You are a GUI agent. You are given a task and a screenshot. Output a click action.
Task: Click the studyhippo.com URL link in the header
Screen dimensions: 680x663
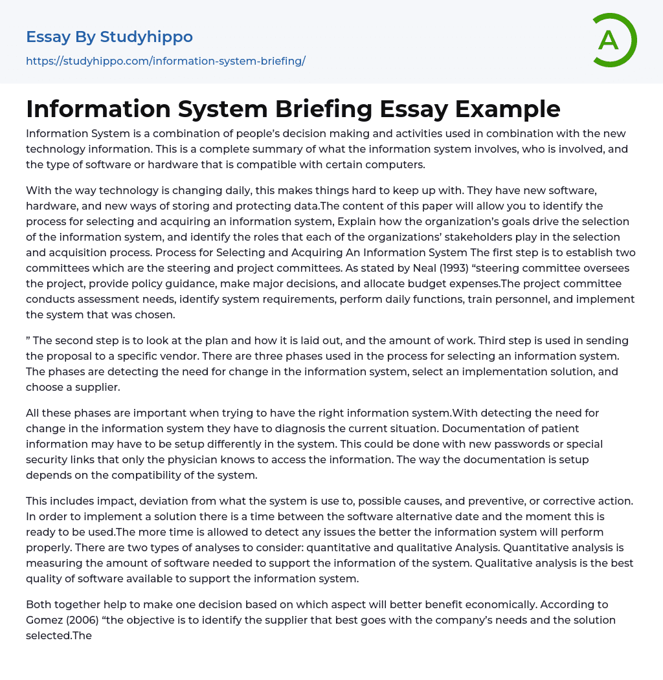tap(166, 61)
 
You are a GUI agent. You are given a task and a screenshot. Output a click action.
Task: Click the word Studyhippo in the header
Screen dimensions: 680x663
tap(146, 37)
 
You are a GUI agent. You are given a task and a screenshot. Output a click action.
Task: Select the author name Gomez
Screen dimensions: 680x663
tap(47, 620)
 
